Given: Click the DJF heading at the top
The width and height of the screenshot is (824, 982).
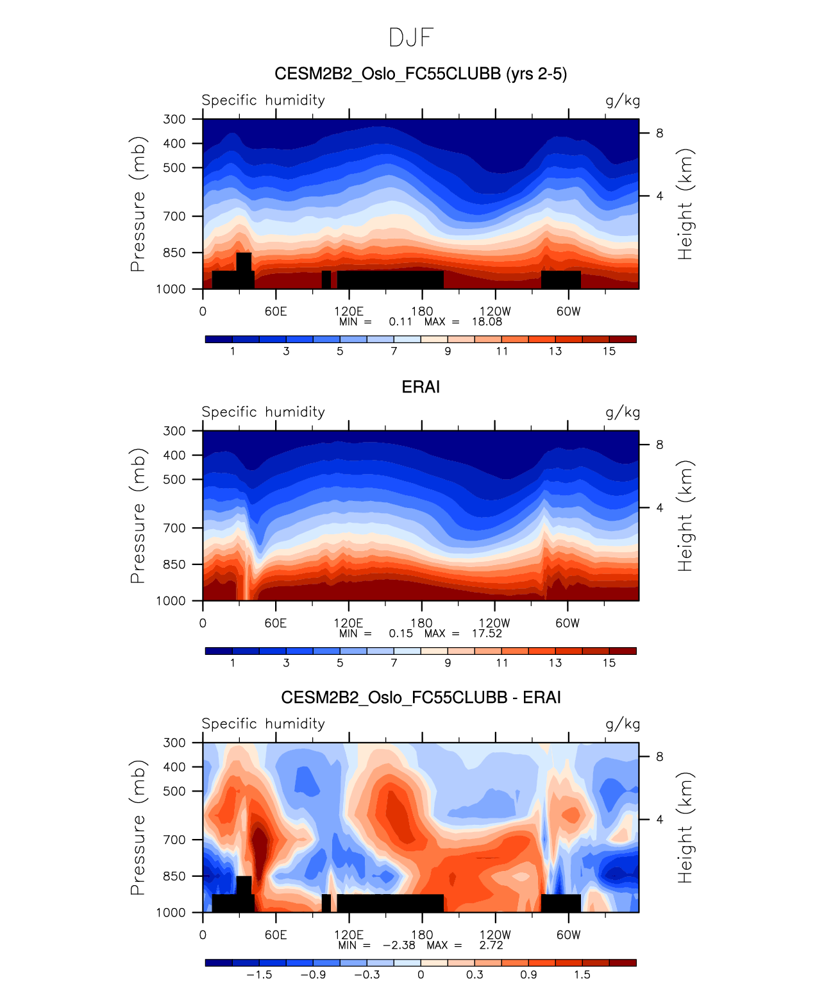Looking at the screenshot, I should click(412, 38).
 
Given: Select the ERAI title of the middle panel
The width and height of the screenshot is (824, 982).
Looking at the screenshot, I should click(421, 387).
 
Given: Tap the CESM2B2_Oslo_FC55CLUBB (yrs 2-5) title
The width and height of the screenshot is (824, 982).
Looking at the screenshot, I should click(421, 74).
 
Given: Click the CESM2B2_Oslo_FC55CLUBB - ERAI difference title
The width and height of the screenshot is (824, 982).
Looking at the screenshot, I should click(421, 697).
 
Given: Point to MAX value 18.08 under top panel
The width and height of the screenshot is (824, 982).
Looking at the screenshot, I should click(487, 321).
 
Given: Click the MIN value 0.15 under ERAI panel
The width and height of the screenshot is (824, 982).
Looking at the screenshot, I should click(401, 633).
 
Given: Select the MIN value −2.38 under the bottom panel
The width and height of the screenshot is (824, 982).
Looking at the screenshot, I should click(399, 945).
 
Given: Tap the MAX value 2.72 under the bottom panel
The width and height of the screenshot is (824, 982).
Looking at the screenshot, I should click(491, 945).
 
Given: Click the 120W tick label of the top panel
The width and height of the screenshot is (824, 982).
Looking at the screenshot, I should click(495, 311).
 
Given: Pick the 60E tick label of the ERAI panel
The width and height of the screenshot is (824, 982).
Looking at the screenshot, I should click(276, 623).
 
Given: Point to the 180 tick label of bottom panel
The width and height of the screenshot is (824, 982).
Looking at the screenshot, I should click(422, 935).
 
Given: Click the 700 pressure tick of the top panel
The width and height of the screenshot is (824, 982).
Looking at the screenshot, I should click(174, 216).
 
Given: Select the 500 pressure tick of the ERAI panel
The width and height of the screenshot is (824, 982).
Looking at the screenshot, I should click(174, 479).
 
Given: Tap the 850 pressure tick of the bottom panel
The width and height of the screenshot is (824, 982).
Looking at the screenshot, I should click(174, 876).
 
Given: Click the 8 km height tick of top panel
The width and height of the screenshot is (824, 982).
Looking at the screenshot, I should click(659, 133).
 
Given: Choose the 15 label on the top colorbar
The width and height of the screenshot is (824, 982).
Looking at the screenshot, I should click(609, 351).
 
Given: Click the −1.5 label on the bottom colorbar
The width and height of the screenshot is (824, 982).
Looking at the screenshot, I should click(258, 974).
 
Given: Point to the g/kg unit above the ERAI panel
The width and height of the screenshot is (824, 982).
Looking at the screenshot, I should click(623, 412).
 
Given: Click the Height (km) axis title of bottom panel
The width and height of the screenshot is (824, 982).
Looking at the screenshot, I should click(685, 827).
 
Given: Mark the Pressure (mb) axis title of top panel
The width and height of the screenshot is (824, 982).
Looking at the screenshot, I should click(138, 204).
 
